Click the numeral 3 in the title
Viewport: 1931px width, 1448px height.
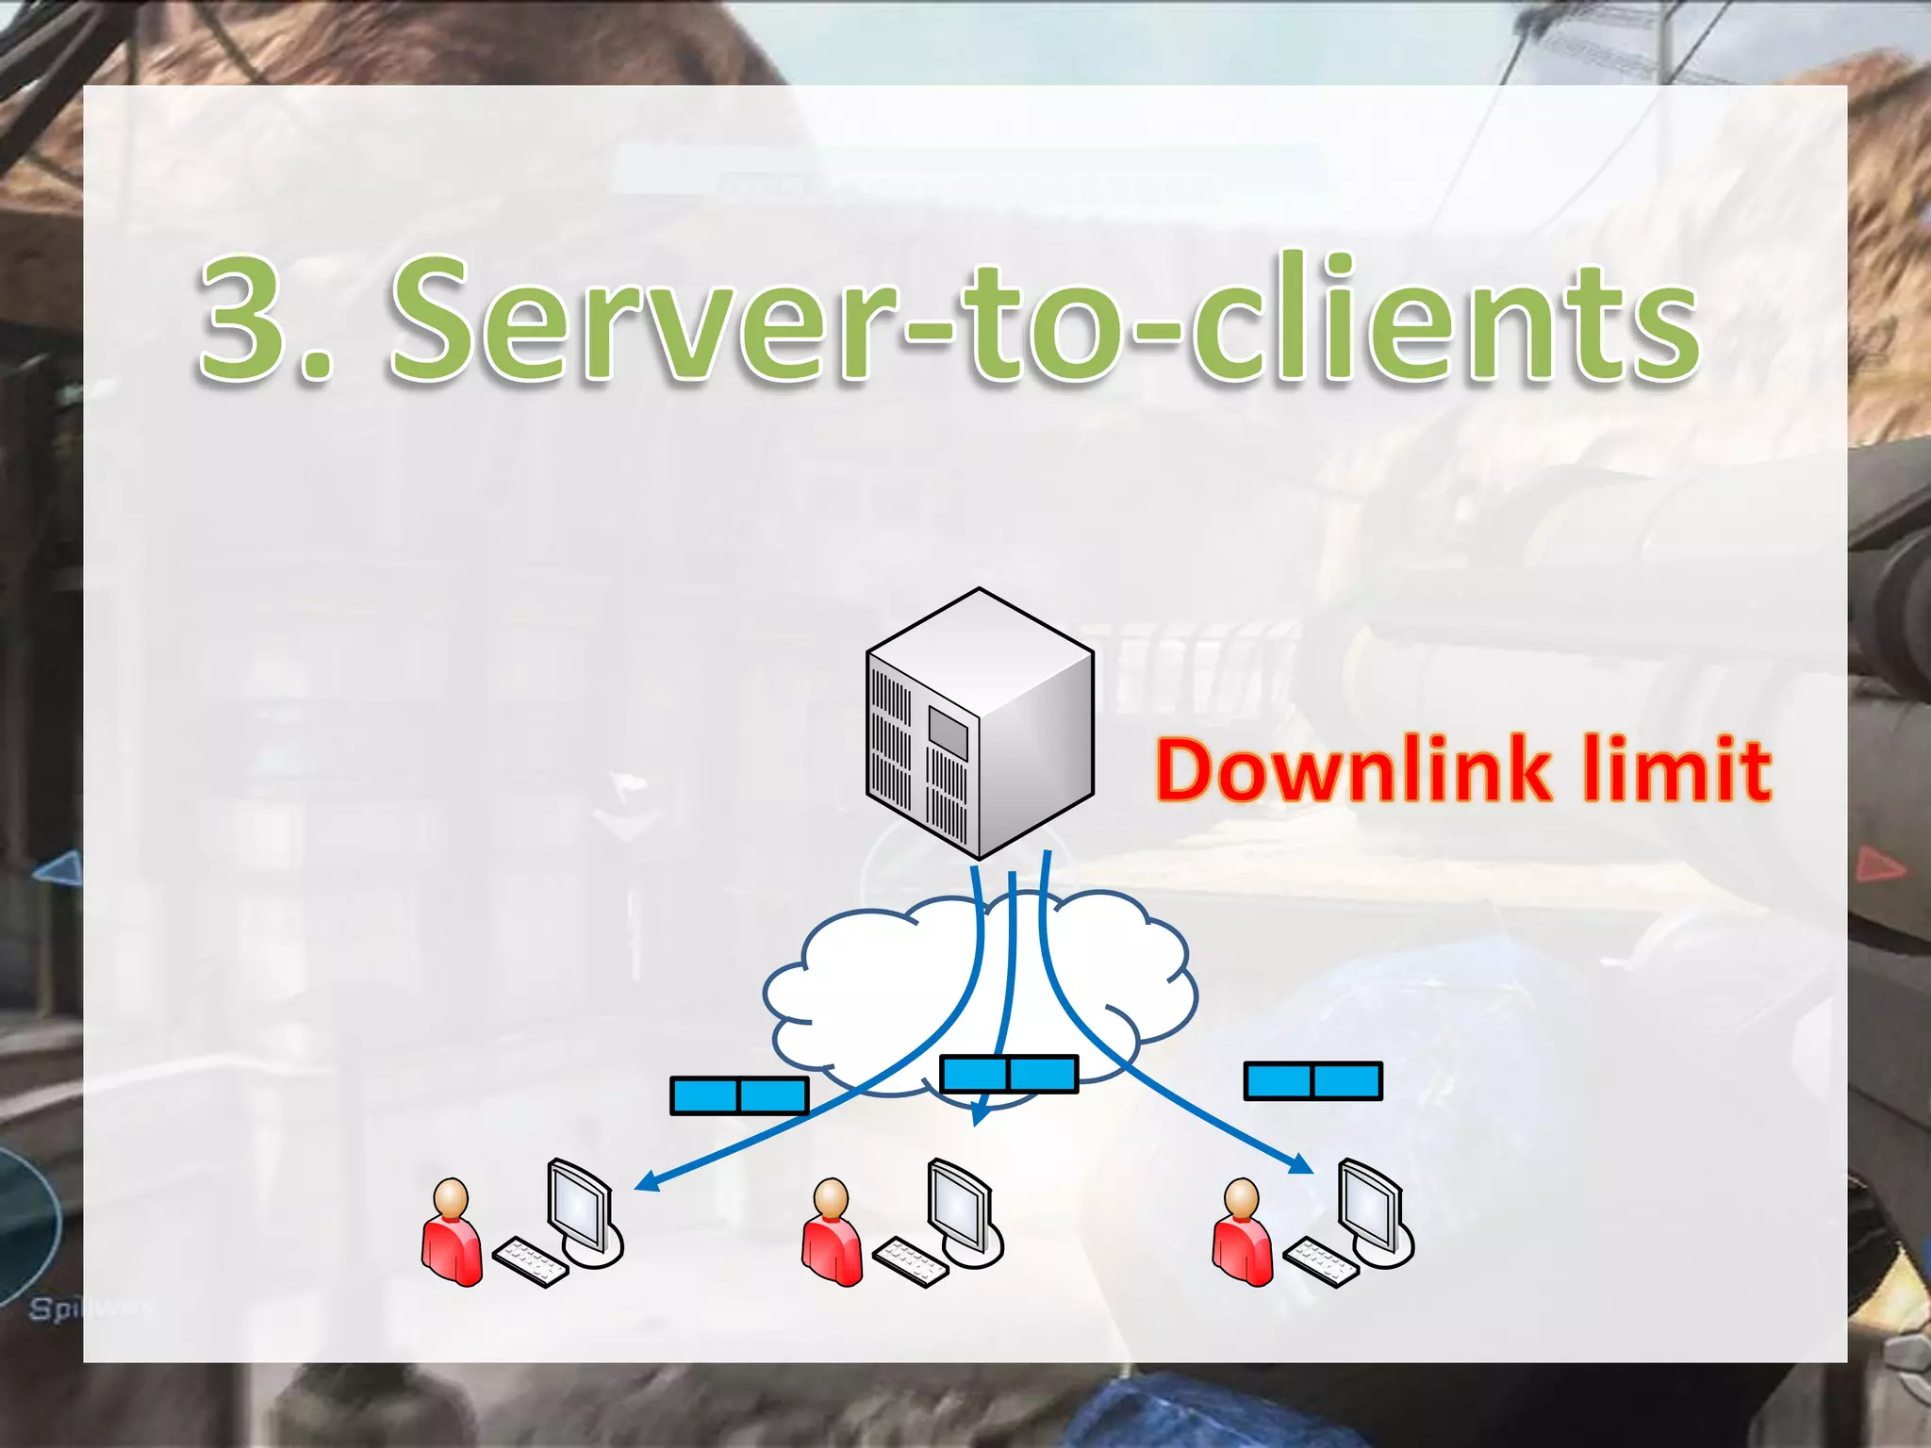[244, 321]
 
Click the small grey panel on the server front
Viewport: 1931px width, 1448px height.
[948, 731]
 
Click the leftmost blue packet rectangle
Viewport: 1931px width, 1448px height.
[739, 1095]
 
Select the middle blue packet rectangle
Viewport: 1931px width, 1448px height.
[1009, 1074]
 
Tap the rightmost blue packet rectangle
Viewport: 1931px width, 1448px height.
[1312, 1080]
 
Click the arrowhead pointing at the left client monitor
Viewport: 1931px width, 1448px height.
[645, 1182]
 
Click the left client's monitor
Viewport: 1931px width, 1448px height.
[579, 1207]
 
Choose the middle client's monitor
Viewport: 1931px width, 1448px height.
[960, 1207]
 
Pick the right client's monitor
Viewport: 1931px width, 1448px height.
[1371, 1207]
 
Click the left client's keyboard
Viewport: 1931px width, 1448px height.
[530, 1261]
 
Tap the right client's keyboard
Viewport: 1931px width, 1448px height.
[1320, 1261]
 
